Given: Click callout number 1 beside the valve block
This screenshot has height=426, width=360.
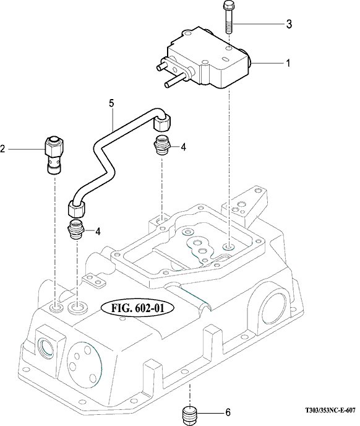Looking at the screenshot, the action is click(x=288, y=63).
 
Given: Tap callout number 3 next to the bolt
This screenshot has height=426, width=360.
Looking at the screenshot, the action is click(x=289, y=24).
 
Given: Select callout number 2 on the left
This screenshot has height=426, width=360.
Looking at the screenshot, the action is click(x=2, y=149).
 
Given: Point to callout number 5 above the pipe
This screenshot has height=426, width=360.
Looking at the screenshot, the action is click(x=111, y=103).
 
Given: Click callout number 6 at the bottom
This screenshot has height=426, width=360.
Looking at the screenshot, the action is click(x=228, y=412).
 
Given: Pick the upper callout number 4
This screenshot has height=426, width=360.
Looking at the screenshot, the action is click(x=184, y=147).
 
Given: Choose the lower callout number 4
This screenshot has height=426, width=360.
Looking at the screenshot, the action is click(x=98, y=232).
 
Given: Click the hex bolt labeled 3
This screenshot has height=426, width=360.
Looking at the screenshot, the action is click(x=229, y=17).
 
